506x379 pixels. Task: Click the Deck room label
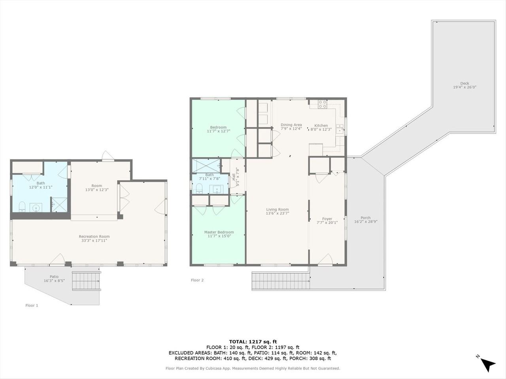464,83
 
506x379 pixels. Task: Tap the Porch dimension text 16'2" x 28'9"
366,222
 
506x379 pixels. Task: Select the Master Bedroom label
219,232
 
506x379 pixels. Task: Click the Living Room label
278,210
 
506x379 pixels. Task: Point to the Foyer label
327,219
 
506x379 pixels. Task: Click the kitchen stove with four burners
323,104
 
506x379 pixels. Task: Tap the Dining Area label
291,125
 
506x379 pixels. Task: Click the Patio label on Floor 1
54,277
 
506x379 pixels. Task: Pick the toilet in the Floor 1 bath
22,206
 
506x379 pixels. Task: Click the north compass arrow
488,364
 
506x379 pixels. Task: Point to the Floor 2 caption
197,280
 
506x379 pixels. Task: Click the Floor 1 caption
32,305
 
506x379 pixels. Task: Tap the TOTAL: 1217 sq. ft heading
253,341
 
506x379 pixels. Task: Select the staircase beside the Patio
87,281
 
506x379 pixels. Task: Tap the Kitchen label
321,126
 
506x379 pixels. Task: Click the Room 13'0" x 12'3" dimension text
97,190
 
